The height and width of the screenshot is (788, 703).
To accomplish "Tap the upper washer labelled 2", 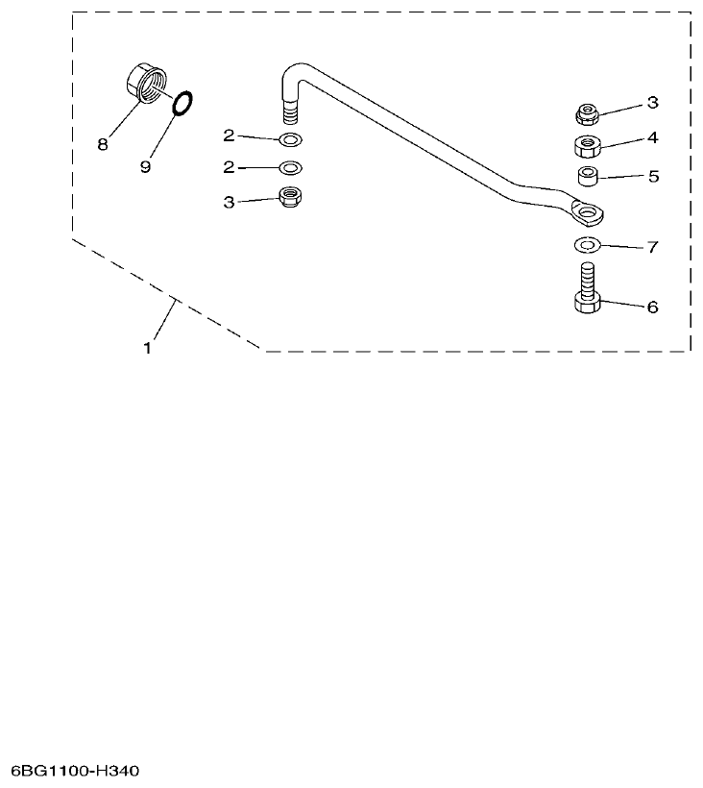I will coord(289,140).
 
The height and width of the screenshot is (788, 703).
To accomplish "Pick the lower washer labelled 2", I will coord(289,168).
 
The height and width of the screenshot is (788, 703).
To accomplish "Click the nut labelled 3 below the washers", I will coord(289,198).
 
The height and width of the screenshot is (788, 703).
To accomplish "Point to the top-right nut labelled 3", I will coord(588,114).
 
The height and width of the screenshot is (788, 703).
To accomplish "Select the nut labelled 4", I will coord(588,146).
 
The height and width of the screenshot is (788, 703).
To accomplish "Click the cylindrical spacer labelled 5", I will coord(588,177).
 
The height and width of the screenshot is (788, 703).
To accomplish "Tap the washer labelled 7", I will coord(587,244).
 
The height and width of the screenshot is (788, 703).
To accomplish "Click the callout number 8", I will coord(102,145).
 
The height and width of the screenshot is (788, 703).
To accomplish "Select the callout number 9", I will coord(145,166).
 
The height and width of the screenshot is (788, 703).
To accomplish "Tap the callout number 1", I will coord(147,349).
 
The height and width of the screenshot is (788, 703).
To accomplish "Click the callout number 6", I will coord(652,308).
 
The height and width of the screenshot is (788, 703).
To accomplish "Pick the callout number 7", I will coord(652,247).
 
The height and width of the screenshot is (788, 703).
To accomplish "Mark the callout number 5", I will coord(652,176).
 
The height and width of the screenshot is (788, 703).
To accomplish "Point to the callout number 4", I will coord(652,137).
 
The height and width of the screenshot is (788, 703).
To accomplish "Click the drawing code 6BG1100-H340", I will coord(77,772).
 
